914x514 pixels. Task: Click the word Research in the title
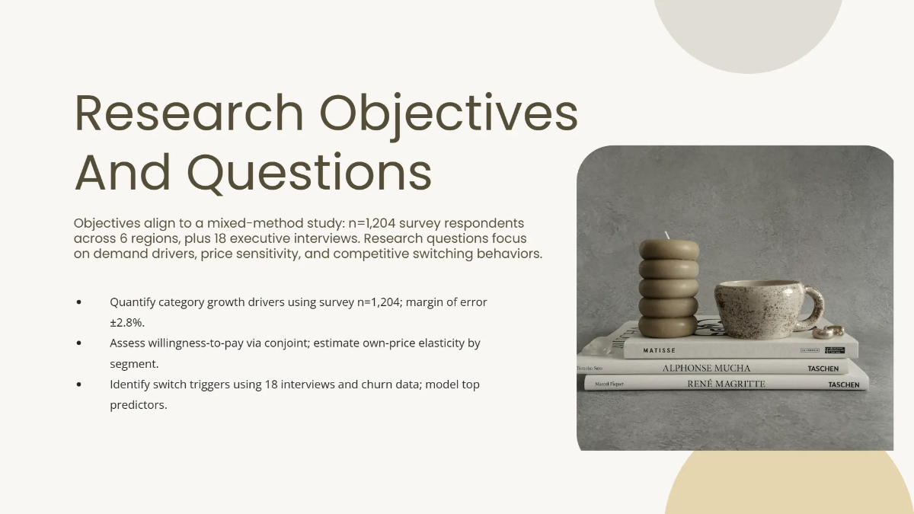pos(188,113)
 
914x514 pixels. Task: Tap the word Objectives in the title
pos(449,113)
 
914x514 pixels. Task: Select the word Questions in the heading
pos(310,173)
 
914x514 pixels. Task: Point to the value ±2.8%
pos(127,323)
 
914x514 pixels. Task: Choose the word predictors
pos(138,405)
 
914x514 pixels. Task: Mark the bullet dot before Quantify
pos(80,302)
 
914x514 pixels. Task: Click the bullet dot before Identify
pos(80,385)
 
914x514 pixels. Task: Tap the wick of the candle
pos(668,236)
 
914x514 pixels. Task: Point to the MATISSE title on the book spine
pos(660,351)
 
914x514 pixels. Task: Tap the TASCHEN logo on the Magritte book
pos(843,385)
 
